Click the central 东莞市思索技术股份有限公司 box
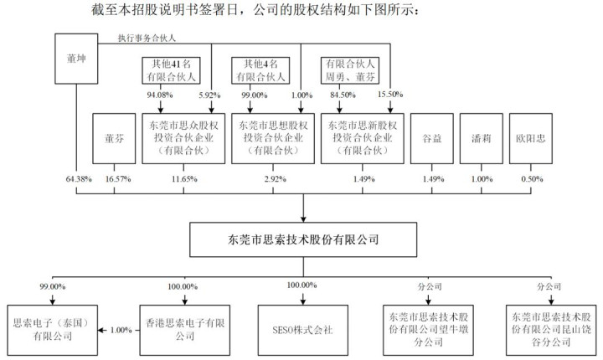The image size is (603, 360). (x=302, y=239)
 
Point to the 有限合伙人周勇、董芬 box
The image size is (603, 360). (x=350, y=68)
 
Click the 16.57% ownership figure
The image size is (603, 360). (x=114, y=180)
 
